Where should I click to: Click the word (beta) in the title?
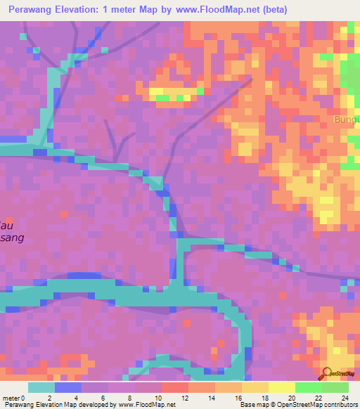point(271,9)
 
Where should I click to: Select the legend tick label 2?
point(49,398)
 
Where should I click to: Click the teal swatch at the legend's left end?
point(41,387)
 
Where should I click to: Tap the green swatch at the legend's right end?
point(335,387)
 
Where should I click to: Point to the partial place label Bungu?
point(347,119)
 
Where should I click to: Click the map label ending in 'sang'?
point(13,238)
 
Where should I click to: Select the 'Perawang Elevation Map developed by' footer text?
point(49,405)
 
